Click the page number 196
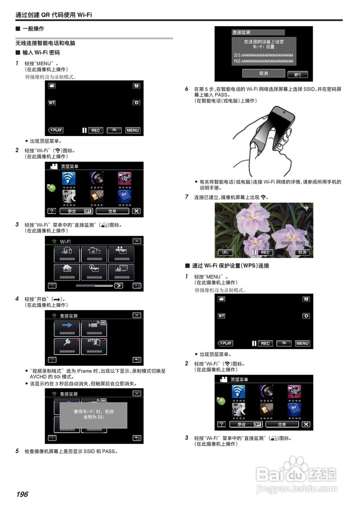(22, 494)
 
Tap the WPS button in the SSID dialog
(298, 74)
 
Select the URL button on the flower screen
(225, 252)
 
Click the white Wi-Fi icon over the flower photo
(306, 208)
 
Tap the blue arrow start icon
(67, 325)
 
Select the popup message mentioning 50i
(93, 415)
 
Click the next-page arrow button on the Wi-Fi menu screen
(119, 286)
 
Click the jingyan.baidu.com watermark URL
(297, 489)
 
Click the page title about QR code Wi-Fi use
(54, 15)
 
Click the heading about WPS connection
(230, 266)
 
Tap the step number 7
(187, 196)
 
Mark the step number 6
(187, 89)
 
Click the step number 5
(17, 451)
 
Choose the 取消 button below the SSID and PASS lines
(263, 74)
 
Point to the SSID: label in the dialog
(237, 54)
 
